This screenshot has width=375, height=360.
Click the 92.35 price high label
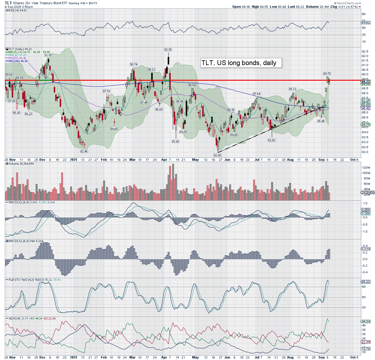click(x=168, y=50)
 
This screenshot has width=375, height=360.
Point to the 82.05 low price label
click(x=217, y=155)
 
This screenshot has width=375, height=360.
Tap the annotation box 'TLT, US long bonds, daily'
click(x=241, y=63)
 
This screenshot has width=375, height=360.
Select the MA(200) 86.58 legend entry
click(x=18, y=61)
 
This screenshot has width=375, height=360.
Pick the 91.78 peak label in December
click(x=48, y=55)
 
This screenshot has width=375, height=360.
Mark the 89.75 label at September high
click(x=327, y=74)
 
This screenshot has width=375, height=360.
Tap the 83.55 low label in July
click(x=271, y=140)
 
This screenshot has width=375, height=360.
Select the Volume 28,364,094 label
click(x=21, y=164)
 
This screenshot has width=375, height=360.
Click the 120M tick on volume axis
click(x=366, y=167)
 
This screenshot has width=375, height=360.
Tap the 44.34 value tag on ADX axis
click(x=366, y=321)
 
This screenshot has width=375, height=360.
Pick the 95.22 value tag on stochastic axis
click(x=366, y=282)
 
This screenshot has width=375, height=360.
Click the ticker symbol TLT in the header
click(x=8, y=3)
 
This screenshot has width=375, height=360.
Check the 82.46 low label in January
click(x=84, y=151)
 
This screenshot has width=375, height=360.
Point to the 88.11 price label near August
click(x=292, y=89)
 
